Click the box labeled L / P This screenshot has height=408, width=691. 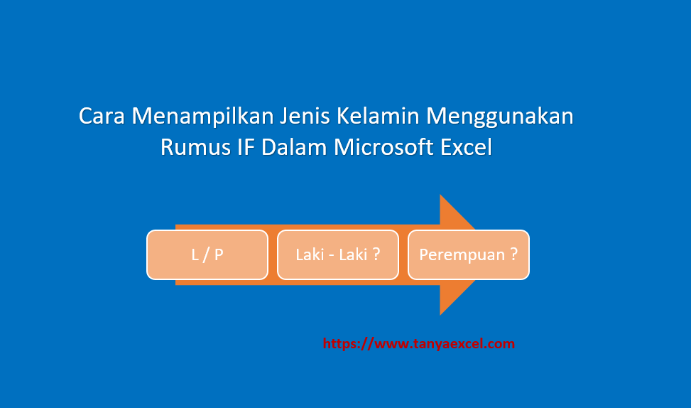(x=207, y=254)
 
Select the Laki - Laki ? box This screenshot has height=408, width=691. (x=337, y=254)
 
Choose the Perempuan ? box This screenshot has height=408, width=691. (x=468, y=254)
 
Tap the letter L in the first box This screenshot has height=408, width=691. (x=195, y=254)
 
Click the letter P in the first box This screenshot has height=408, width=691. (x=219, y=254)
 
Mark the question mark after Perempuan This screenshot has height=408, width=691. (x=513, y=254)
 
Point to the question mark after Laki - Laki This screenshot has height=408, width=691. (x=375, y=254)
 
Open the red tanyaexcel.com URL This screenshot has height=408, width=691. (x=419, y=344)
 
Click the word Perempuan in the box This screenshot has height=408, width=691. (x=462, y=254)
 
